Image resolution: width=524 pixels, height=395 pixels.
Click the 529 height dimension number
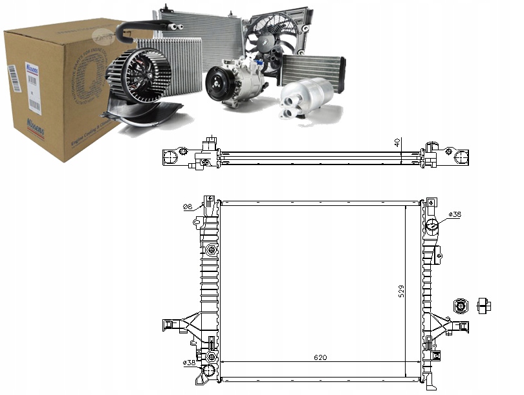(402, 292)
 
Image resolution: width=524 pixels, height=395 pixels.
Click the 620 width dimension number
(321, 357)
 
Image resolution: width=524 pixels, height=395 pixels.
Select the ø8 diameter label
(188, 207)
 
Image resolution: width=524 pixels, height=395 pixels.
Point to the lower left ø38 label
(190, 363)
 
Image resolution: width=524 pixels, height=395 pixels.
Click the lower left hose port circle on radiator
(209, 370)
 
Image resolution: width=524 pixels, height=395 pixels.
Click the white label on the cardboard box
(30, 84)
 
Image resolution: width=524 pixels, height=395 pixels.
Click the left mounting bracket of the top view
(173, 156)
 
